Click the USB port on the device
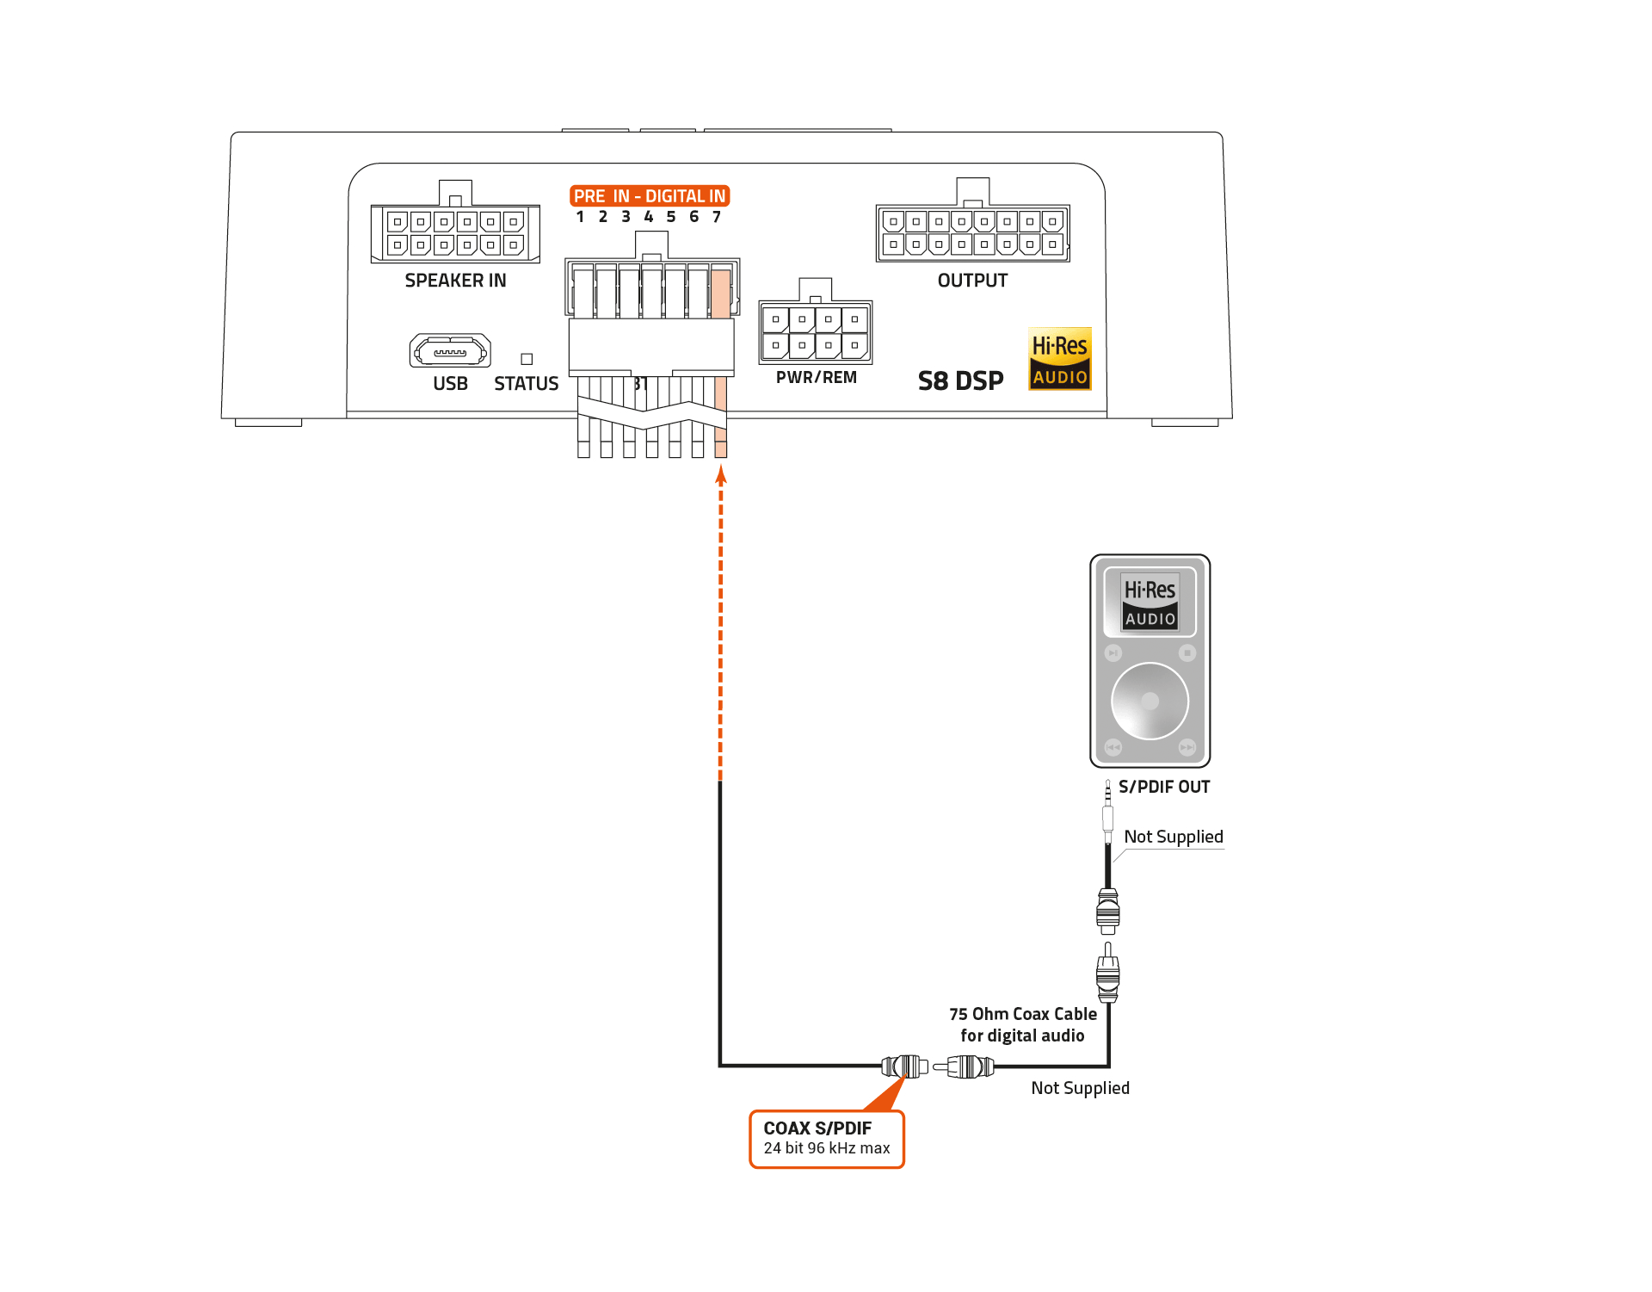[x=450, y=351]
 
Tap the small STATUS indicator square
[x=527, y=359]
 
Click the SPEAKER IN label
[x=455, y=281]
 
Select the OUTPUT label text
[x=972, y=281]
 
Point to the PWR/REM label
[x=816, y=377]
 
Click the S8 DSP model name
[x=960, y=380]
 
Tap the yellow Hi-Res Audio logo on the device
[x=1060, y=359]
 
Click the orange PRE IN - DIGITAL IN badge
[x=650, y=196]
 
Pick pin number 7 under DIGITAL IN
[x=717, y=217]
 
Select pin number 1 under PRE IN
[x=581, y=217]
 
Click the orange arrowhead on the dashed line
[x=721, y=474]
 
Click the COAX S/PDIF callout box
[x=827, y=1138]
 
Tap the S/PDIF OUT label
[x=1163, y=787]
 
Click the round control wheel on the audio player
[x=1150, y=701]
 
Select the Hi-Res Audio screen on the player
[x=1150, y=602]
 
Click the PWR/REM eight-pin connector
[x=815, y=332]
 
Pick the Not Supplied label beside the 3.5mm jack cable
[x=1173, y=837]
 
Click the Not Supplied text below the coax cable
[x=1080, y=1088]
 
